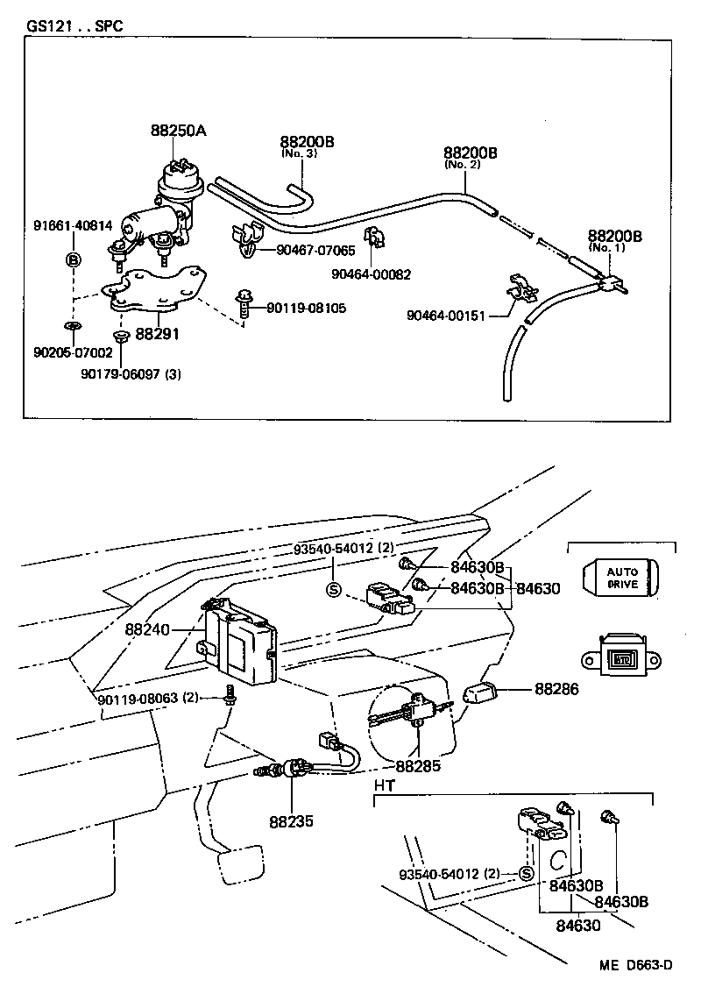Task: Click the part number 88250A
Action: click(178, 131)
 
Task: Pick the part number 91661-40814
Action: click(67, 225)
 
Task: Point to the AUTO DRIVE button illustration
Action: click(622, 578)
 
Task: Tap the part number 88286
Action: click(556, 689)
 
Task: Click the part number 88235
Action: click(291, 822)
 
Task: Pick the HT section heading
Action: click(384, 785)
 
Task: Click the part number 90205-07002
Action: click(73, 352)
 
